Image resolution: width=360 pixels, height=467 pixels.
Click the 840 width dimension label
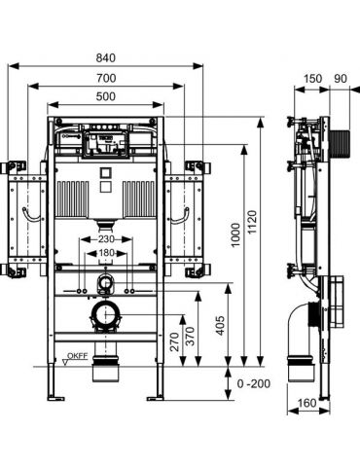[106, 58]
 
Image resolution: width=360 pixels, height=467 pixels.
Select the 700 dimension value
[106, 78]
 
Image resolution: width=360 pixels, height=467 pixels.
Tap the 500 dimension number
[106, 96]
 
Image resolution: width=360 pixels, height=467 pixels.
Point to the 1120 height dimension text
[251, 222]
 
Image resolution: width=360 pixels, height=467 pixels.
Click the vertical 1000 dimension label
[235, 234]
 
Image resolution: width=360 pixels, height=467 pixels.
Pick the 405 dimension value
[220, 326]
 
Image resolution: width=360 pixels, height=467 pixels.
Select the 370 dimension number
[190, 337]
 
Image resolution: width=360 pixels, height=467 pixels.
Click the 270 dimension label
[174, 341]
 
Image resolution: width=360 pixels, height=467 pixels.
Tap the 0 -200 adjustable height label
[254, 384]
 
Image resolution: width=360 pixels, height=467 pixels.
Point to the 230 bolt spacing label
[106, 239]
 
